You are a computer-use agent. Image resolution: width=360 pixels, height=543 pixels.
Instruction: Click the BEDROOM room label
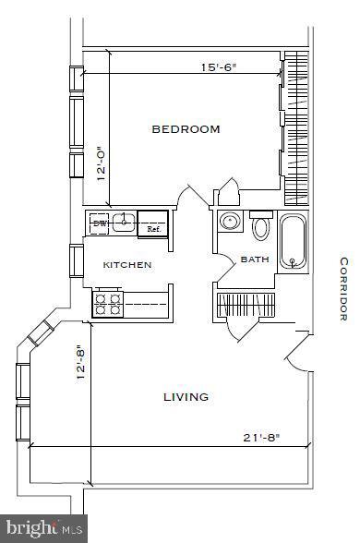pyautogui.click(x=186, y=129)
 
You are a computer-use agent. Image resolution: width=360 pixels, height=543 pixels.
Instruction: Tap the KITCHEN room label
pyautogui.click(x=127, y=265)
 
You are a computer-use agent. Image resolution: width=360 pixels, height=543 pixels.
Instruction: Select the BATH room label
pyautogui.click(x=255, y=259)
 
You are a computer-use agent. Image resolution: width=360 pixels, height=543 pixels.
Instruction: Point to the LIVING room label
pyautogui.click(x=186, y=397)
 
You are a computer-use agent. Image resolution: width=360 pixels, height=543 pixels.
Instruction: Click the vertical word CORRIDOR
pyautogui.click(x=342, y=288)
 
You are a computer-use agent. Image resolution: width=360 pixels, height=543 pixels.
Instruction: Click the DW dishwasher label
pyautogui.click(x=100, y=223)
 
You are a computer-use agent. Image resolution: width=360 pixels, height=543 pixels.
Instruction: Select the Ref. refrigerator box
pyautogui.click(x=153, y=225)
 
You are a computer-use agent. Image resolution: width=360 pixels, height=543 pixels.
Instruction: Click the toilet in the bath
pyautogui.click(x=260, y=226)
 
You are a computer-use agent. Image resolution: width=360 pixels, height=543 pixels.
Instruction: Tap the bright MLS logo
pyautogui.click(x=43, y=529)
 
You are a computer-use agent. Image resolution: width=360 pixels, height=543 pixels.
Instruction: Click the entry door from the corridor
pyautogui.click(x=297, y=350)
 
